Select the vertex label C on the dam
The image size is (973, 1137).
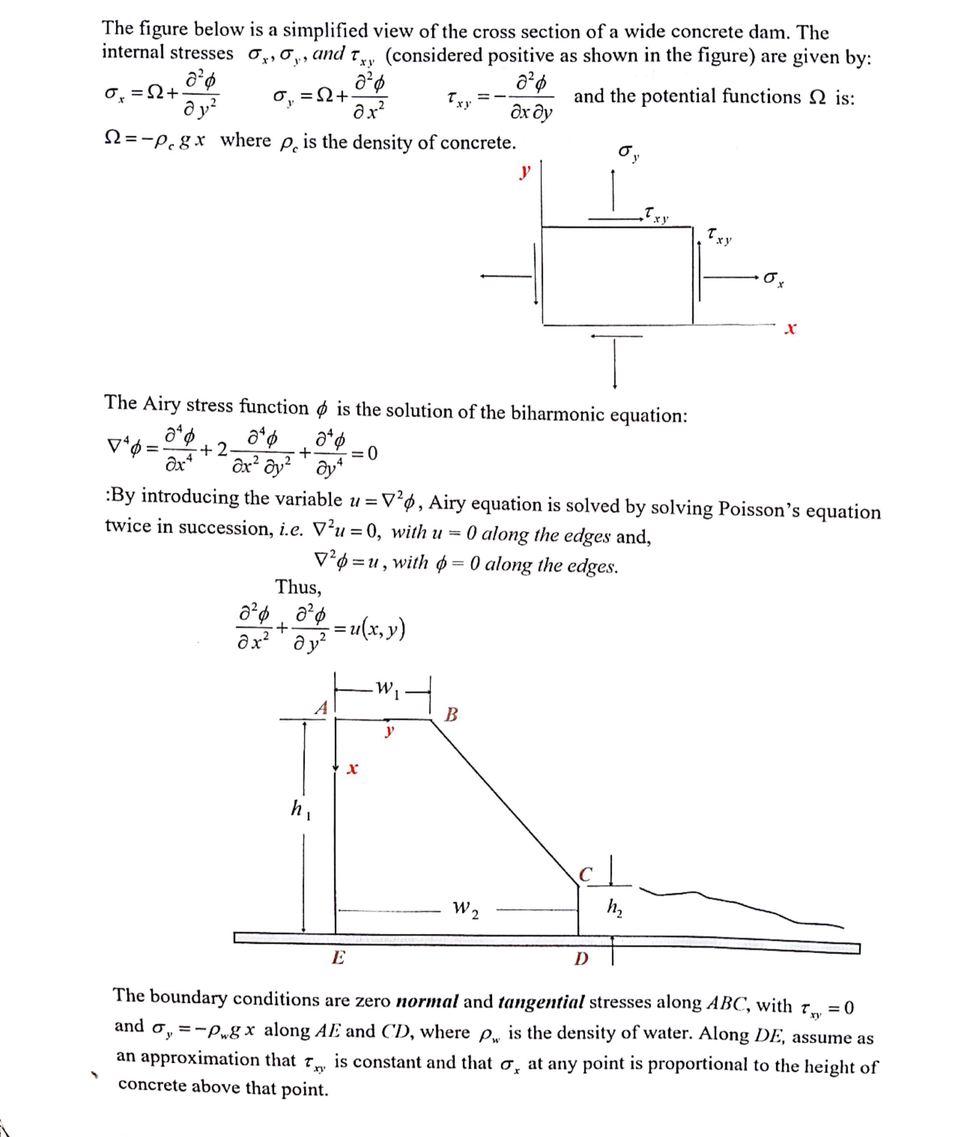(586, 874)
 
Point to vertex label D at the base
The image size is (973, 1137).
(581, 959)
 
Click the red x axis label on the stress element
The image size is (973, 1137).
(790, 329)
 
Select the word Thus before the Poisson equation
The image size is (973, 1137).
(298, 587)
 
